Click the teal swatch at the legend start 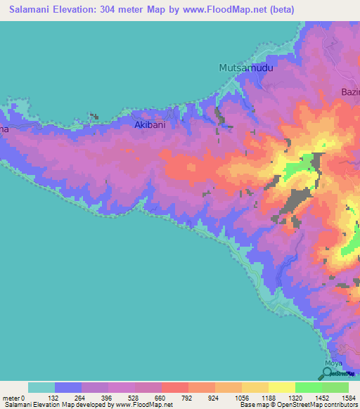click(x=41, y=387)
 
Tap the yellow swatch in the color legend click(x=281, y=387)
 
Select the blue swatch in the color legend click(x=68, y=387)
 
